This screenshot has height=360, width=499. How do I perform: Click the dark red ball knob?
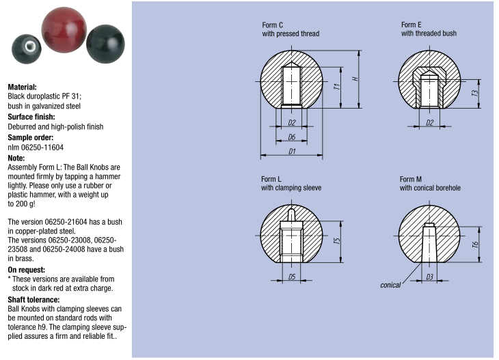click(65, 31)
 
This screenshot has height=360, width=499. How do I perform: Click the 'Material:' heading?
click(22, 87)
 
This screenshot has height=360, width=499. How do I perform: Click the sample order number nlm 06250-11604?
click(36, 148)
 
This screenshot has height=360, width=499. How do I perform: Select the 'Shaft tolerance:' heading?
click(33, 299)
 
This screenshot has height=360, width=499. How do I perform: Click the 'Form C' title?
click(273, 25)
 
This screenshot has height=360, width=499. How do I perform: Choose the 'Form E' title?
click(412, 25)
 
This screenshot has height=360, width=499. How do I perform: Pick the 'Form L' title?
click(271, 179)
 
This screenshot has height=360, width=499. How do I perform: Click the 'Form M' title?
click(412, 179)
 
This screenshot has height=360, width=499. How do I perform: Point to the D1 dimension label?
click(292, 151)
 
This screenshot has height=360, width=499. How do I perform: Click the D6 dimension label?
click(292, 137)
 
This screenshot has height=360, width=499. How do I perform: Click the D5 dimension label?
click(292, 277)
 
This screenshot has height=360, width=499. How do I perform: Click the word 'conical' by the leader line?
click(390, 285)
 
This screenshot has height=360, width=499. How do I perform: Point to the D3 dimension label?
click(429, 277)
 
